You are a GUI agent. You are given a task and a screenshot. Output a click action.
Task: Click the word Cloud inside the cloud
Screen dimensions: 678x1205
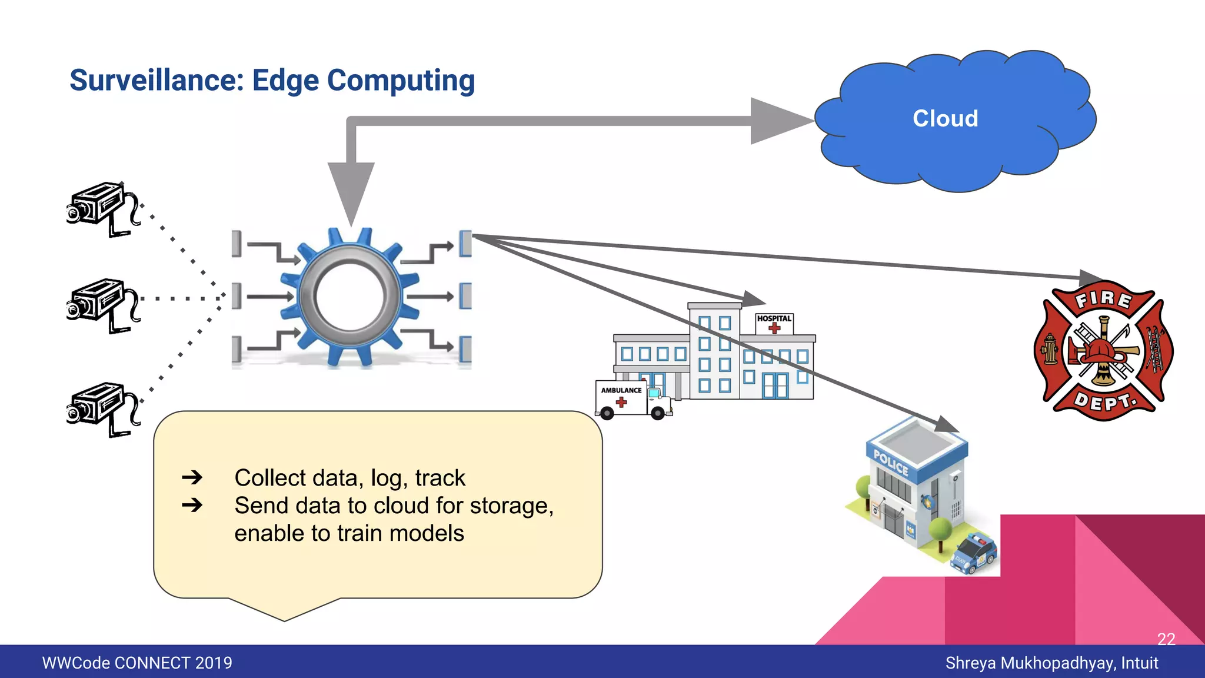pos(945,119)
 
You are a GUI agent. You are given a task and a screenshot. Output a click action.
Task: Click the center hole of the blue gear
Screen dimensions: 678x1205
pos(351,296)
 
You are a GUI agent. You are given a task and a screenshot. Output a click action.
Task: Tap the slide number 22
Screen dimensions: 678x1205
pos(1166,639)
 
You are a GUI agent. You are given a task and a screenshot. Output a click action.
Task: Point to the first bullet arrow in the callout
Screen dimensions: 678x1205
pos(192,477)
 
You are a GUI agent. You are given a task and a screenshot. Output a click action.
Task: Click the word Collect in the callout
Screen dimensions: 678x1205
pos(269,478)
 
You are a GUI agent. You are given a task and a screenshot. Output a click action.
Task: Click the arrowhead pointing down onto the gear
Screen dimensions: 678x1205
pos(351,191)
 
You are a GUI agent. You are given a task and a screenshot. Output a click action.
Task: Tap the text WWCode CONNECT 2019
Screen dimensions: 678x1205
pos(137,663)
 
